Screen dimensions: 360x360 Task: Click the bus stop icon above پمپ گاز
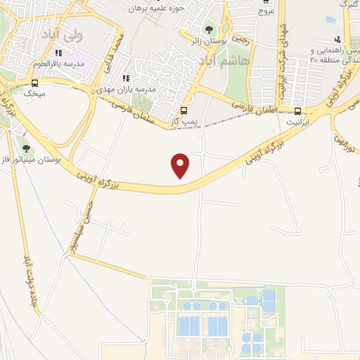tap(184, 110)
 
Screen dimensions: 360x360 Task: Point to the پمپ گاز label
tap(184, 122)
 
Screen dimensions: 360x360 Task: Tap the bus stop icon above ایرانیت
tap(298, 110)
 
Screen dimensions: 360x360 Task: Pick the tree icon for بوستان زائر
tap(208, 29)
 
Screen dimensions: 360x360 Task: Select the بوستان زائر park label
tap(208, 41)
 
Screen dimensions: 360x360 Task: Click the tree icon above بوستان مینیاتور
tap(26, 148)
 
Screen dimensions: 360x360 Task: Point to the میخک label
tap(33, 92)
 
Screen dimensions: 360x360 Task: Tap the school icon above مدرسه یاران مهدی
tap(127, 79)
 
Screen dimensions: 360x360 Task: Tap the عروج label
tap(265, 10)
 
